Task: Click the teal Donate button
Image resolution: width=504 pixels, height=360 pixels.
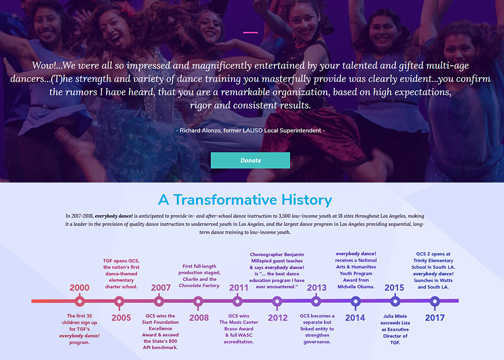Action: (x=250, y=160)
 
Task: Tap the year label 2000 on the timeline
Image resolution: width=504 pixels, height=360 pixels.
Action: (x=79, y=287)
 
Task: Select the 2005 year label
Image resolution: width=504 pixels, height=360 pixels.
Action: (x=121, y=318)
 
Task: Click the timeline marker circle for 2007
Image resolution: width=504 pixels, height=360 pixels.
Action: (x=159, y=301)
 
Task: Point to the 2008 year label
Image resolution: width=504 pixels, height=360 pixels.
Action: (x=199, y=318)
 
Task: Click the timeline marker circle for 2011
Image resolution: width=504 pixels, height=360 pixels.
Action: (x=238, y=301)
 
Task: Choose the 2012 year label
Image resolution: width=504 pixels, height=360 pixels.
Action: (x=278, y=318)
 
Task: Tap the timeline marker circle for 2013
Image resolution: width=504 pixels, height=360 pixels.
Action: (x=316, y=301)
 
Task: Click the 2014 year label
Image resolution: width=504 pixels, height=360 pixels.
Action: (x=355, y=318)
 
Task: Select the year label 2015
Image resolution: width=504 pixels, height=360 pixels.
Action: (x=394, y=287)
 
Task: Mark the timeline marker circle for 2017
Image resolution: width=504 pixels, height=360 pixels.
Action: (x=435, y=301)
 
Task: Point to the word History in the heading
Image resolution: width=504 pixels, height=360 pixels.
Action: (x=307, y=200)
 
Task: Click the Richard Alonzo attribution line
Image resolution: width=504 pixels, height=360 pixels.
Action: (x=250, y=130)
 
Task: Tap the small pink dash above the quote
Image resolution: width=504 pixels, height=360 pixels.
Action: (x=250, y=32)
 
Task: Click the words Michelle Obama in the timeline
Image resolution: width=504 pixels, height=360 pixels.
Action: (x=356, y=286)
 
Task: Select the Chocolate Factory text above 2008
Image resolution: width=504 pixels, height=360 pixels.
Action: (x=199, y=286)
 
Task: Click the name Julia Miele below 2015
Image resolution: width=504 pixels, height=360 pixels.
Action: (x=395, y=316)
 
